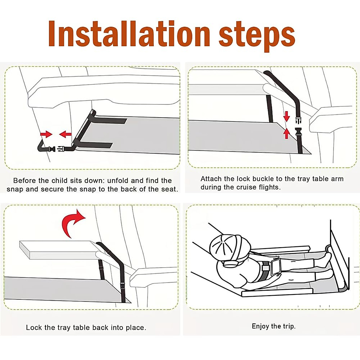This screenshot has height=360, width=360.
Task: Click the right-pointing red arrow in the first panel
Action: (46, 134)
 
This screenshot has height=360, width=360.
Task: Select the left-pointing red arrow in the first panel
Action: (65, 134)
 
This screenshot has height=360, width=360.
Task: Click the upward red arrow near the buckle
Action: (286, 134)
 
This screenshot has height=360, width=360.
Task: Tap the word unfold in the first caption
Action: (118, 181)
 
